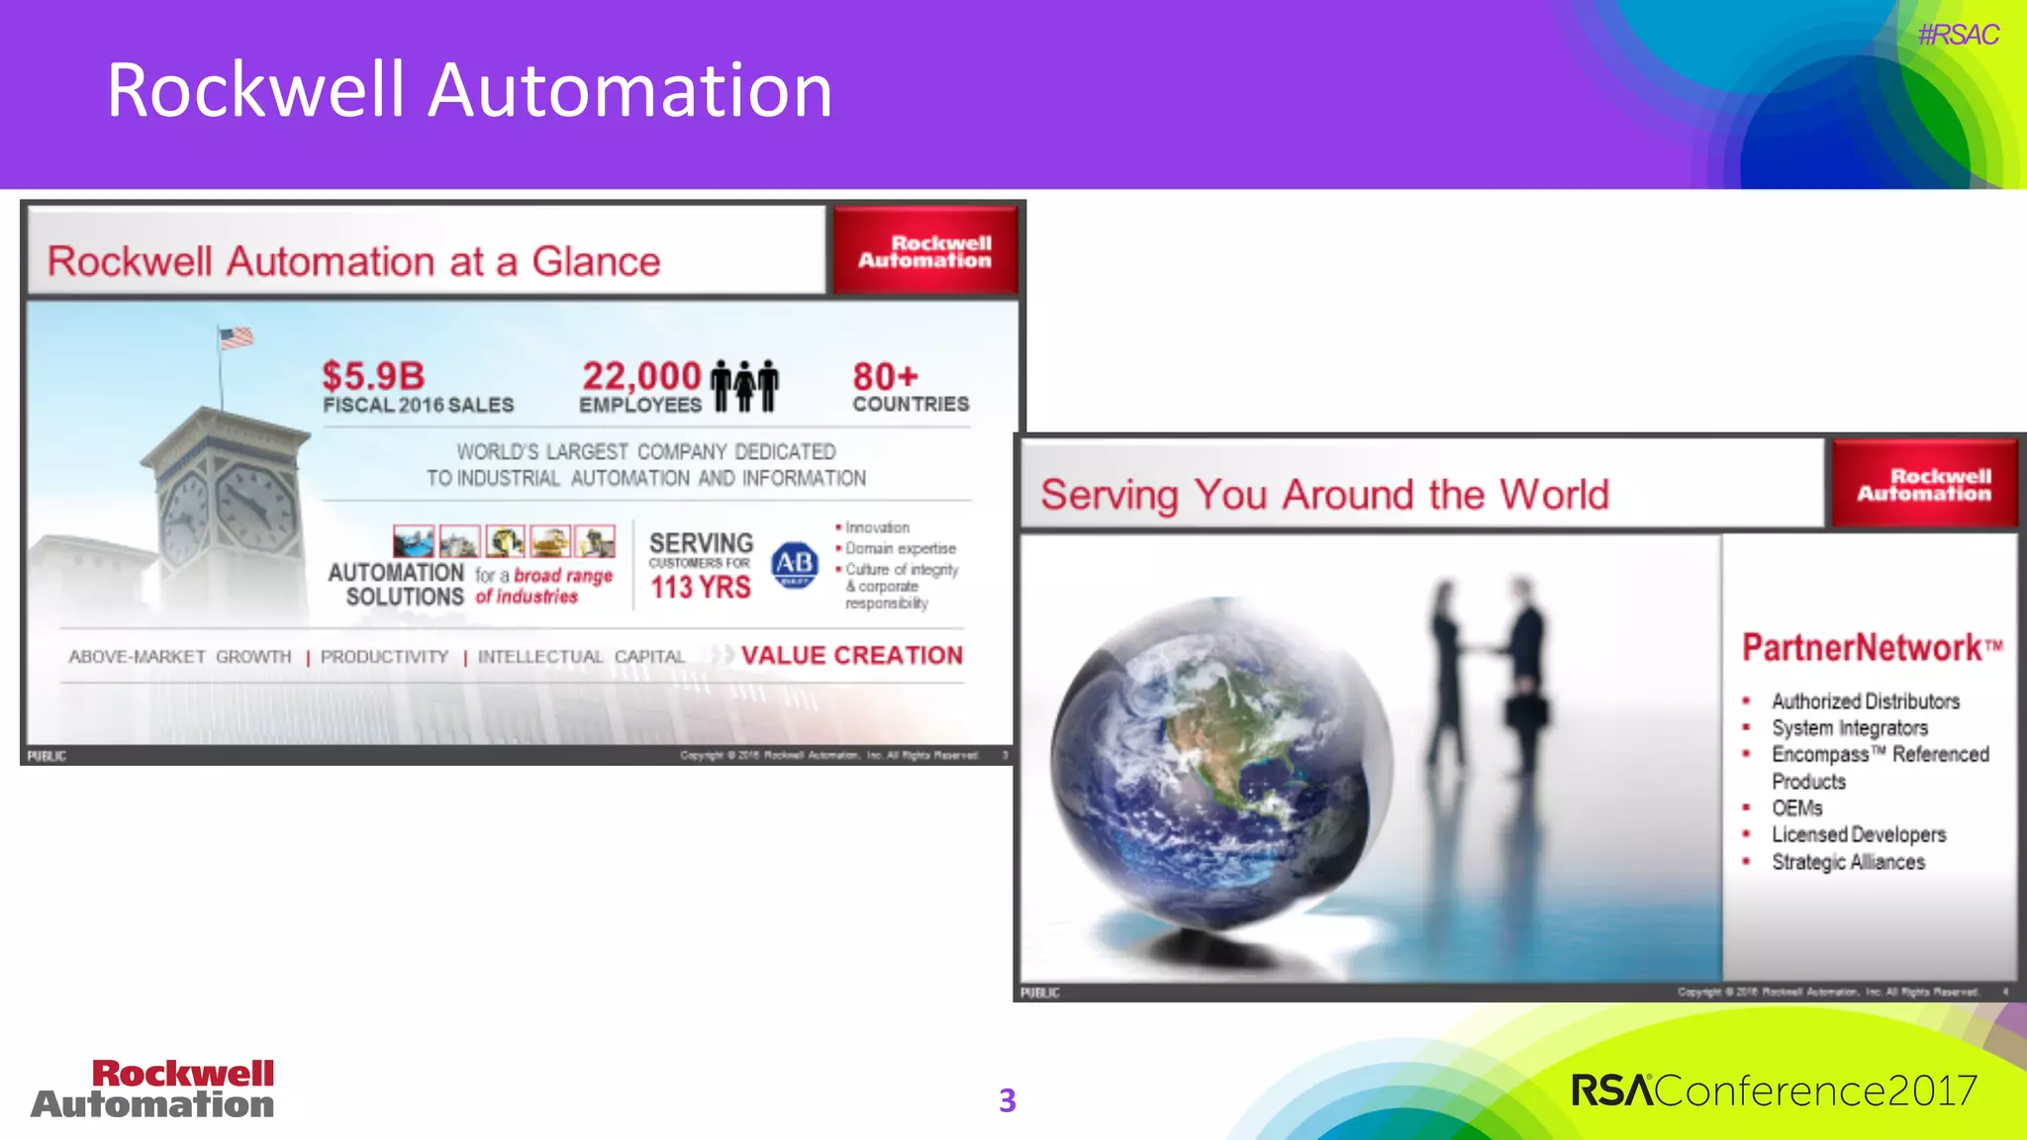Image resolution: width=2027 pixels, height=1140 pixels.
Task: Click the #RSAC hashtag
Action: coord(1958,35)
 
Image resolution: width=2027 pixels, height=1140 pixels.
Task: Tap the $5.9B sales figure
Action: coord(373,376)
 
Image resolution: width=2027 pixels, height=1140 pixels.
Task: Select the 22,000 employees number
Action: coord(641,376)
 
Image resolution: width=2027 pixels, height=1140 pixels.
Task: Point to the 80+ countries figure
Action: coord(885,376)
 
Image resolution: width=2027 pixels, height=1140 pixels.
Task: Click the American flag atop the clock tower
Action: coord(237,338)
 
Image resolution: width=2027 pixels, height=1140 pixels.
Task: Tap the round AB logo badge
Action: coord(795,564)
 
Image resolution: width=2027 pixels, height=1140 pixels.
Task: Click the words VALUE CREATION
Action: coord(851,655)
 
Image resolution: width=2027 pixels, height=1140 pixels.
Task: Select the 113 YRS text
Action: coord(701,587)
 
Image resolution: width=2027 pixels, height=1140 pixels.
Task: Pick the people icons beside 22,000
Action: coord(744,385)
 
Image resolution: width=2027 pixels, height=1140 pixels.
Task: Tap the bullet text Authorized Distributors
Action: coord(1865,702)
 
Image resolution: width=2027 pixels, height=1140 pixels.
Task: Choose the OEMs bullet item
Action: coord(1796,808)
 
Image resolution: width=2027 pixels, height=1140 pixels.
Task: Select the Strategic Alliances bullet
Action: coord(1848,862)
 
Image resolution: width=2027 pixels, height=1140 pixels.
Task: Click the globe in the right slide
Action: coord(1222,762)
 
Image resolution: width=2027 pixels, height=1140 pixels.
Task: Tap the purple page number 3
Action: coord(1008,1100)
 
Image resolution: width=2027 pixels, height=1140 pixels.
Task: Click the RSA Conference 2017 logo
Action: coord(1774,1091)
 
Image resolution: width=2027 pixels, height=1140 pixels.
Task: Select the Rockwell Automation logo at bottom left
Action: coord(153,1089)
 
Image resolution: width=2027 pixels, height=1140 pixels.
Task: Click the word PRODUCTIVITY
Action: coord(384,657)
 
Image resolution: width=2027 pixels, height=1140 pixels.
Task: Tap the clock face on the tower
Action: coord(255,506)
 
